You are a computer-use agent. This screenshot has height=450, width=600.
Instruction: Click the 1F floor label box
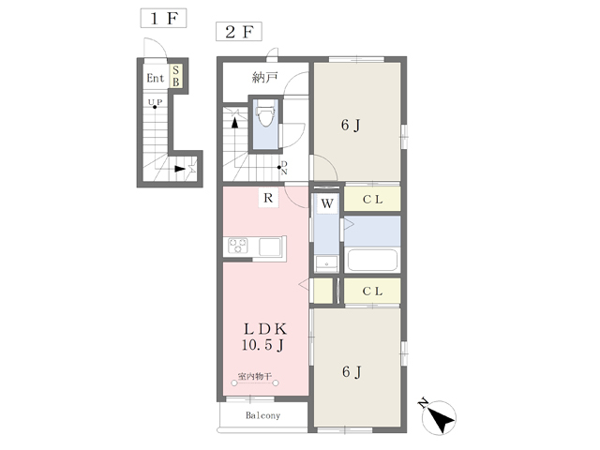pos(163,18)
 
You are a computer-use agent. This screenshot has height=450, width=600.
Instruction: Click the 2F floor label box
pos(239,31)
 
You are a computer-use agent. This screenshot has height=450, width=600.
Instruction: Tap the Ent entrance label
pos(156,79)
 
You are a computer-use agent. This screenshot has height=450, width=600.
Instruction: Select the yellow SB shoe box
pos(176,76)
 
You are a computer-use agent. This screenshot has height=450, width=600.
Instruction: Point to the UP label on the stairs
pos(155,102)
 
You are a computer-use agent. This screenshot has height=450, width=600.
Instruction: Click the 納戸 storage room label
pos(264,78)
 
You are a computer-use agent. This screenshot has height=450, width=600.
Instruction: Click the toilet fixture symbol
pos(265,112)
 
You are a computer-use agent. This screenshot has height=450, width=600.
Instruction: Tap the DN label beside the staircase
pos(284,168)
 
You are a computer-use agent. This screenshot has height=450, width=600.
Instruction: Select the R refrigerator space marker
pos(268,198)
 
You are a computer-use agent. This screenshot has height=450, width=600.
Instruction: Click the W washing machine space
pos(327,203)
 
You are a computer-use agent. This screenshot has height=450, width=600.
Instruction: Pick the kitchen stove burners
pos(238,246)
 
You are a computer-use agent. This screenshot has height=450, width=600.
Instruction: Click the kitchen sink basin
pos(270,247)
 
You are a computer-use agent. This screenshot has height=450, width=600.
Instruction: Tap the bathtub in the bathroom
pos(372,261)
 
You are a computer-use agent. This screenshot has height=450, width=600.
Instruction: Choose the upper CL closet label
pos(373,200)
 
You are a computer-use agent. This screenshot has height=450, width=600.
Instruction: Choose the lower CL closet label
pos(373,292)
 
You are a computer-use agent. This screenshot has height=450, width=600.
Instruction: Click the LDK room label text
pos(264,329)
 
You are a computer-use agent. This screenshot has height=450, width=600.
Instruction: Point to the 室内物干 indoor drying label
pos(255,376)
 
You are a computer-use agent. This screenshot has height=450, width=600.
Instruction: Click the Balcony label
pos(262,415)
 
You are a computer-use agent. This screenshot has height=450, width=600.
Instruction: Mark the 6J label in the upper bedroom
pos(351,126)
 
